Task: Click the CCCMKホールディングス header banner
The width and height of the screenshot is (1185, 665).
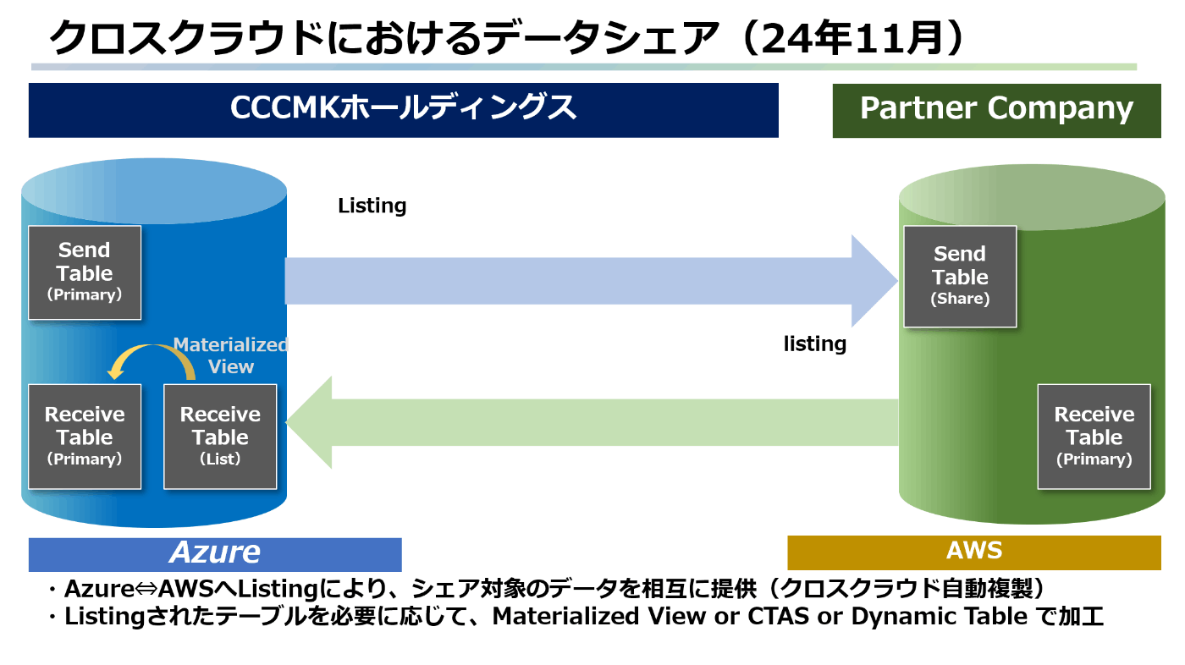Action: [403, 110]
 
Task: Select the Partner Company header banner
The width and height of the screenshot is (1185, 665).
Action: [997, 111]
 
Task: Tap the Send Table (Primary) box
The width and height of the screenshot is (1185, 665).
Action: [85, 272]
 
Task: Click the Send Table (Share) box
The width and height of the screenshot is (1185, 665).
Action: [960, 277]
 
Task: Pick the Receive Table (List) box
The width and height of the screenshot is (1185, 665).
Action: [220, 437]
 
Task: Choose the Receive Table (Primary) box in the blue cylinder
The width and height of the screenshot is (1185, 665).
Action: [85, 437]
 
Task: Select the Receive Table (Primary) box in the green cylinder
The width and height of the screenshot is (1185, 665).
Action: [1094, 437]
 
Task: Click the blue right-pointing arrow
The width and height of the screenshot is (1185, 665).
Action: [592, 281]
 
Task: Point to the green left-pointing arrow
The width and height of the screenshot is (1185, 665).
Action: [592, 422]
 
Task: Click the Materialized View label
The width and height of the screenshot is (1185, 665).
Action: [230, 355]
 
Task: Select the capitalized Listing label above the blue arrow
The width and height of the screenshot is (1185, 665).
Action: [372, 206]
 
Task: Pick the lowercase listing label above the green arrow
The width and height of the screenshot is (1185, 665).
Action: [814, 344]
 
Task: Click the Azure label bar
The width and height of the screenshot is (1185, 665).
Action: [215, 554]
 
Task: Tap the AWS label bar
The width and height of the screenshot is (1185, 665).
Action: [974, 552]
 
